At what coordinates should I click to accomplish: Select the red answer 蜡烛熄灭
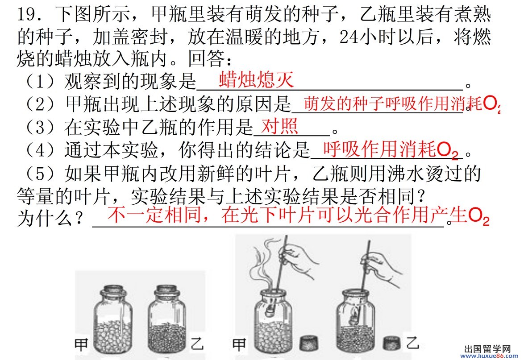click(x=256, y=80)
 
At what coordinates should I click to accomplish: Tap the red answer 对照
click(x=280, y=126)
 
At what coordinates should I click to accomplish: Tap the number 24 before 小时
click(x=349, y=37)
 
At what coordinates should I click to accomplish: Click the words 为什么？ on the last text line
click(x=50, y=219)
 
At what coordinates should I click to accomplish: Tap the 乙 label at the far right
click(x=412, y=343)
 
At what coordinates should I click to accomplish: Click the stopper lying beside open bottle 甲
click(x=309, y=343)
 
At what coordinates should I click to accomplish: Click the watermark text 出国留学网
click(x=487, y=349)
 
